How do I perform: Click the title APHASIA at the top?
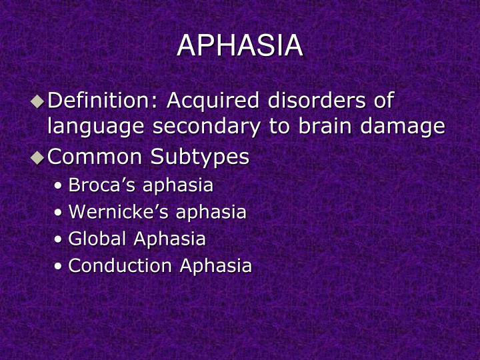[240, 46]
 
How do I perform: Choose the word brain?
[323, 126]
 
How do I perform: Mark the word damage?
[405, 127]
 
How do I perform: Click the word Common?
[95, 157]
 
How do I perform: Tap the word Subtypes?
[200, 158]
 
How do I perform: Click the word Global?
[99, 239]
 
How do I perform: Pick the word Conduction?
[121, 265]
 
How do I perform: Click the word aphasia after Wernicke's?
[211, 213]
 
